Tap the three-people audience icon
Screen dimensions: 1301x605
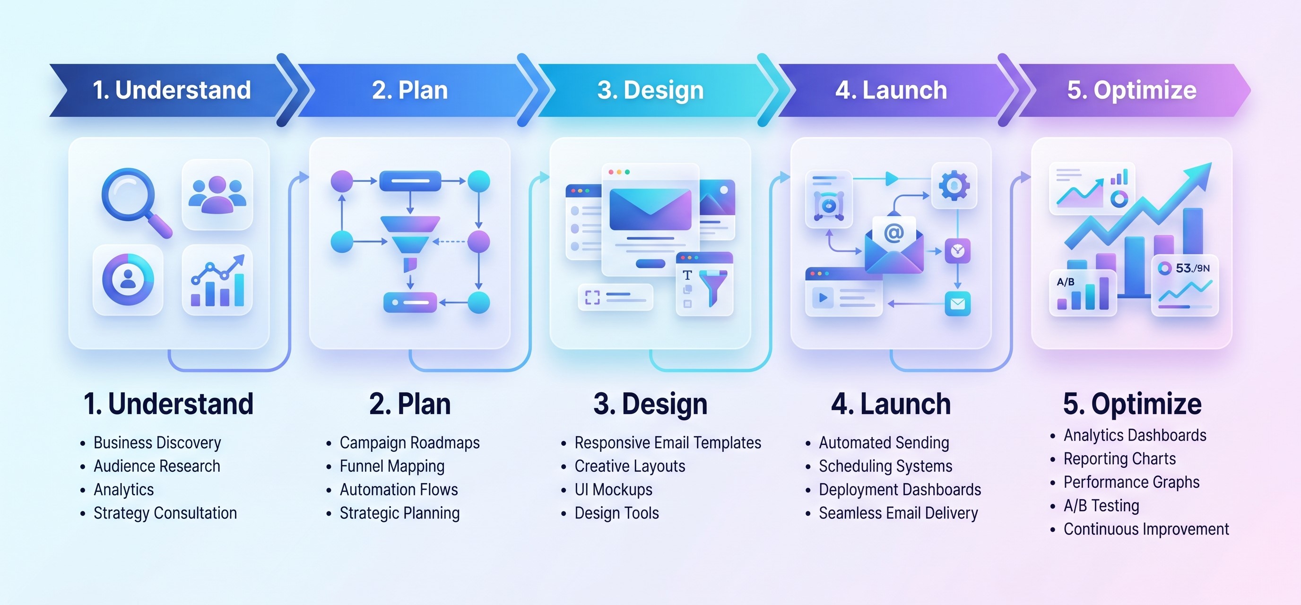(x=217, y=194)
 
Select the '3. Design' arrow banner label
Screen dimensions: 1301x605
(x=650, y=90)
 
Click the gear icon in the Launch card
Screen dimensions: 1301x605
(x=954, y=185)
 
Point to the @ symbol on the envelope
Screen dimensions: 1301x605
(x=894, y=233)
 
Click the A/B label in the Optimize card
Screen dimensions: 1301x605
(x=1066, y=282)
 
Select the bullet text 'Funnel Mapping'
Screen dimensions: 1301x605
(x=392, y=467)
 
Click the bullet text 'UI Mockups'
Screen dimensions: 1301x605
(x=613, y=490)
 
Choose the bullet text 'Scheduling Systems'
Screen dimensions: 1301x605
(x=885, y=467)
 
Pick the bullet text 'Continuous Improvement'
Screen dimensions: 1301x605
(x=1146, y=529)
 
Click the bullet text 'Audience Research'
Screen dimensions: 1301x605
(x=157, y=466)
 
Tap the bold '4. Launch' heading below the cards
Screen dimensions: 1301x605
(x=891, y=404)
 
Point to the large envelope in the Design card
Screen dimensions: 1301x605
(x=650, y=209)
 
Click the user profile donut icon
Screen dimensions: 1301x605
(x=128, y=279)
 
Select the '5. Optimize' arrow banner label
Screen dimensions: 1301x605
(x=1132, y=90)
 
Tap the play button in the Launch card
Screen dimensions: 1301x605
(x=823, y=297)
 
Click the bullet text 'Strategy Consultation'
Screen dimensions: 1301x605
(x=165, y=514)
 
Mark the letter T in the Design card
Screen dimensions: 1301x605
(x=687, y=275)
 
